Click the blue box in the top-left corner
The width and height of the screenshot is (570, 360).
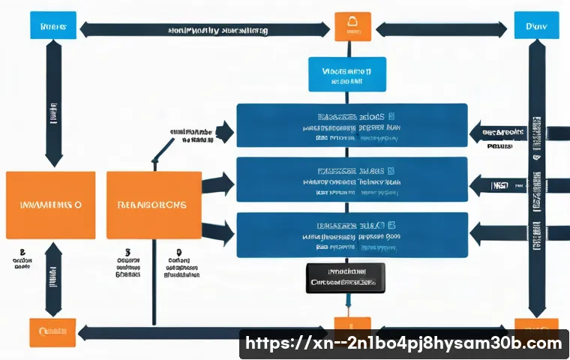(x=52, y=25)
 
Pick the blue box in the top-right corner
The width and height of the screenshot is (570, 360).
(x=535, y=25)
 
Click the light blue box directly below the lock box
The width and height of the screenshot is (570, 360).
(x=347, y=74)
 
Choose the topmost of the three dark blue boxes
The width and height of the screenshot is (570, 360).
(x=352, y=125)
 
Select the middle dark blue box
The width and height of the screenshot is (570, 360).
(x=352, y=180)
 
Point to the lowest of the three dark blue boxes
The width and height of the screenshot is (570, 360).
(x=352, y=235)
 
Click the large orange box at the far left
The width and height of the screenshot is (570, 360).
(x=50, y=204)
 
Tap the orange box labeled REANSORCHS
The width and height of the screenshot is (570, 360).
(x=154, y=204)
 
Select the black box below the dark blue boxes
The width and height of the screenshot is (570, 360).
(x=345, y=277)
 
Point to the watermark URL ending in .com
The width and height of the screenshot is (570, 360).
(x=404, y=343)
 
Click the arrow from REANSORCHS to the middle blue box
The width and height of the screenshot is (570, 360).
(x=218, y=182)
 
